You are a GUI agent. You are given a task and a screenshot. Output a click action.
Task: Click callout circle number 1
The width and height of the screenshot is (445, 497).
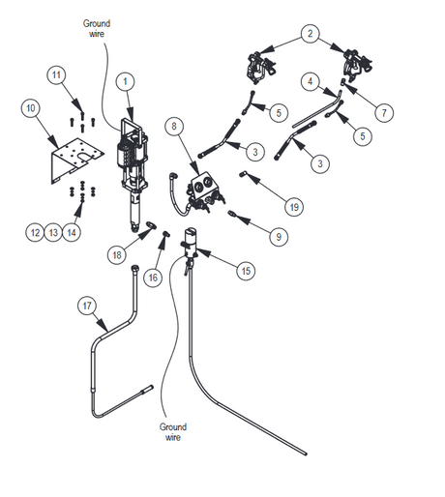click(x=125, y=82)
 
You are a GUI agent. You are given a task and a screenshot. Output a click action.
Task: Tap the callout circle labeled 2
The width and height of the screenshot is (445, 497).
click(x=310, y=34)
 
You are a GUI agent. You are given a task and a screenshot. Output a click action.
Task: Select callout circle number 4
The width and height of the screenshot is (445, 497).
click(x=310, y=81)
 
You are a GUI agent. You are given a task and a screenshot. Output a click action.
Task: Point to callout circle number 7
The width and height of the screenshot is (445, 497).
click(x=384, y=113)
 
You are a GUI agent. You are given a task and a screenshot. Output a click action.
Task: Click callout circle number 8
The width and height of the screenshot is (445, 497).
click(x=174, y=126)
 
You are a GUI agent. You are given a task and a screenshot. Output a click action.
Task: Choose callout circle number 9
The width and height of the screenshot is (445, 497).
click(x=279, y=237)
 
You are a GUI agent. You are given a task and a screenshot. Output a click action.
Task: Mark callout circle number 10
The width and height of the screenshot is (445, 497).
click(x=31, y=108)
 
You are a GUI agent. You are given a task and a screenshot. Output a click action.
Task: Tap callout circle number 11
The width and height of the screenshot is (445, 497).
click(x=56, y=75)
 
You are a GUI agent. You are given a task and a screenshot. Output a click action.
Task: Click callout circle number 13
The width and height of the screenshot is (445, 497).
click(x=53, y=232)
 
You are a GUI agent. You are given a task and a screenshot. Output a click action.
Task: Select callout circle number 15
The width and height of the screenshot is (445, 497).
click(x=246, y=271)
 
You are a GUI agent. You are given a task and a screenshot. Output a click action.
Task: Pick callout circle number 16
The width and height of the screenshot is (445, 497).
click(x=153, y=278)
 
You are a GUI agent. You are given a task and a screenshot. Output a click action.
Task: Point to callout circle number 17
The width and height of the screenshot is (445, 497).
click(x=87, y=306)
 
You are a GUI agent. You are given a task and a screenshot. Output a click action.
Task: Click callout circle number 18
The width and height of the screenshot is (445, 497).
click(x=117, y=255)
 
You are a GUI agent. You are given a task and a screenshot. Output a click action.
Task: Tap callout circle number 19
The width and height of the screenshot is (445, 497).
click(x=294, y=207)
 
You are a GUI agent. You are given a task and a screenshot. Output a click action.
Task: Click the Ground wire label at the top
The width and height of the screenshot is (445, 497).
click(x=97, y=28)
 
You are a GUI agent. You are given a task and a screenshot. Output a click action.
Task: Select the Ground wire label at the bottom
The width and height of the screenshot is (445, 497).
click(x=173, y=432)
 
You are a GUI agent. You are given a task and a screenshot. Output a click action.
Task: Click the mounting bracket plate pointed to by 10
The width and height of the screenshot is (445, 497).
click(x=76, y=161)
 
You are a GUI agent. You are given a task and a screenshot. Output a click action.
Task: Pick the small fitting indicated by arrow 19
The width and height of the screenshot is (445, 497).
click(x=243, y=174)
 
